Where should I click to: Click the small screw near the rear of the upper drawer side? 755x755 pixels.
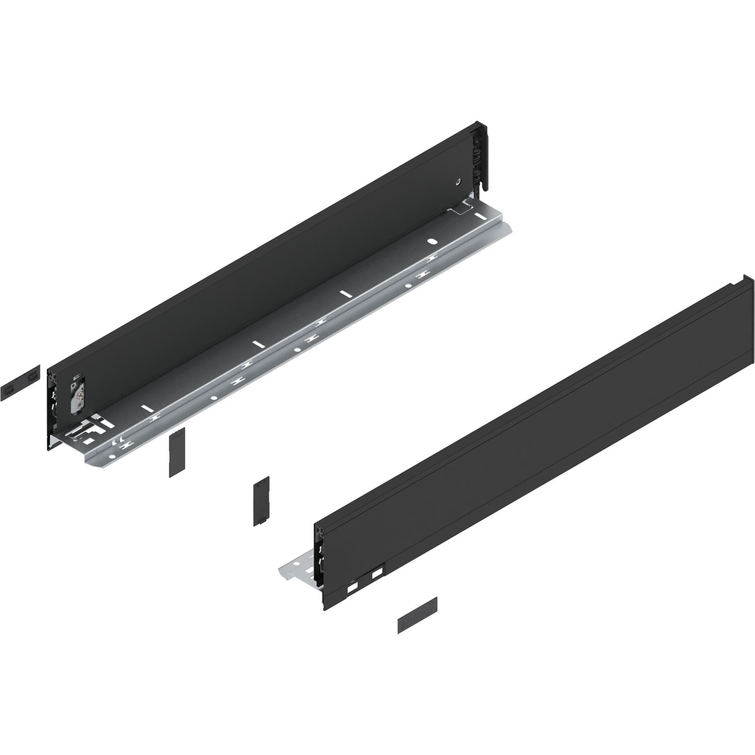click(457, 182)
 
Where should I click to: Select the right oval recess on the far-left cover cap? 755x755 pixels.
click(32, 377)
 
